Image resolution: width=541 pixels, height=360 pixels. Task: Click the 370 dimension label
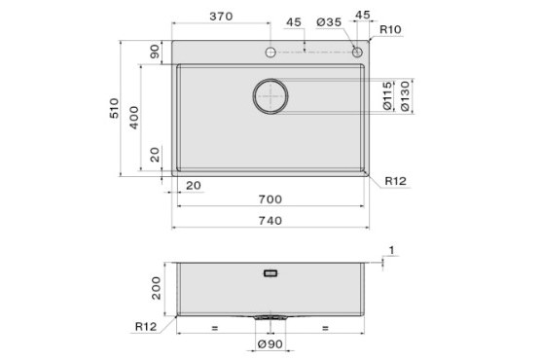(221, 17)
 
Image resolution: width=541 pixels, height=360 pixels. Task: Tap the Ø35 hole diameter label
(329, 22)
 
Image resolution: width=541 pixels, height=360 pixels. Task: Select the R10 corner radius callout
(390, 30)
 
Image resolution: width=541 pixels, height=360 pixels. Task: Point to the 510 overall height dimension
(114, 108)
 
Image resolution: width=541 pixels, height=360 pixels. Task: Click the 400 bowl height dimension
(134, 118)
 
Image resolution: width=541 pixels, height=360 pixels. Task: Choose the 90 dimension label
(155, 52)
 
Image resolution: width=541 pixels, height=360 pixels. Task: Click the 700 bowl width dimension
(270, 199)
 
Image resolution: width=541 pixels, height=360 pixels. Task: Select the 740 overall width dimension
(270, 221)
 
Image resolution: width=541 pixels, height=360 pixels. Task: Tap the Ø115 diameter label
(387, 96)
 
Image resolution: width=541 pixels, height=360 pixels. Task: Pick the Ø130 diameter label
(405, 96)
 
